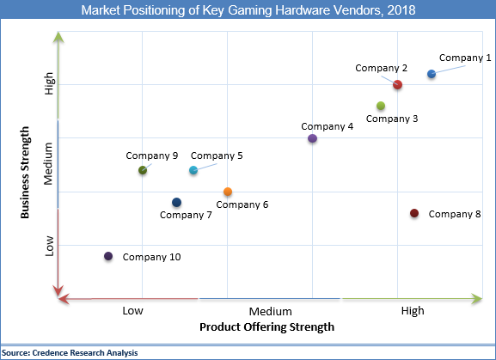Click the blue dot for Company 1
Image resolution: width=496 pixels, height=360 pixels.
tap(432, 75)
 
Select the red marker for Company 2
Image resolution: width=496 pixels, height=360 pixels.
tap(397, 84)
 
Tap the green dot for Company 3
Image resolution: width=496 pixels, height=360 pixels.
tap(380, 106)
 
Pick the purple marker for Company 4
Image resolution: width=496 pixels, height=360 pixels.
tap(312, 138)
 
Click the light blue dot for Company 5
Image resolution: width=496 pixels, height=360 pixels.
tap(193, 170)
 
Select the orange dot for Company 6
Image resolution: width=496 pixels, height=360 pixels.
tap(227, 192)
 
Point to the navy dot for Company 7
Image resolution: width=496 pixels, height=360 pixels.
tap(176, 203)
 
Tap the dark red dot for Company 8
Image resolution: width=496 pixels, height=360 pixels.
tap(414, 213)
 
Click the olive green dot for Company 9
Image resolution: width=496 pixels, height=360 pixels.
tap(143, 170)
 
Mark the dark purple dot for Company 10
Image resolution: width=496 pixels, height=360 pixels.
tap(108, 256)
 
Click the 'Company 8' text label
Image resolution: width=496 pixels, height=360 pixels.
tap(454, 214)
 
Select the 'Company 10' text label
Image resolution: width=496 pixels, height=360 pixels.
tap(151, 257)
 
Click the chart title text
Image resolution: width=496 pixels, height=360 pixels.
tap(248, 10)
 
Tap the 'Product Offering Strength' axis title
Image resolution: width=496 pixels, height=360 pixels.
tap(266, 327)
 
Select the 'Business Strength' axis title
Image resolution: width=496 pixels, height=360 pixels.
tap(26, 173)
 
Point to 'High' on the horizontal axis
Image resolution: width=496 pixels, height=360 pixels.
tap(412, 311)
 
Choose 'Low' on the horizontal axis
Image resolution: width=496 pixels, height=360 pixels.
tap(132, 311)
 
